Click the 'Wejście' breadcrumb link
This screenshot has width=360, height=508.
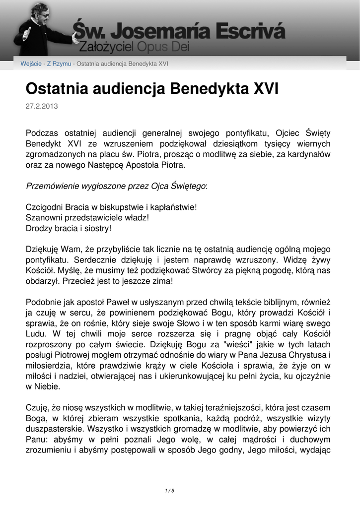tap(31, 64)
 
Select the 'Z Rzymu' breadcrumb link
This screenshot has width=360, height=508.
tap(59, 64)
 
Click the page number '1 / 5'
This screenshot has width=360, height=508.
tap(169, 491)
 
